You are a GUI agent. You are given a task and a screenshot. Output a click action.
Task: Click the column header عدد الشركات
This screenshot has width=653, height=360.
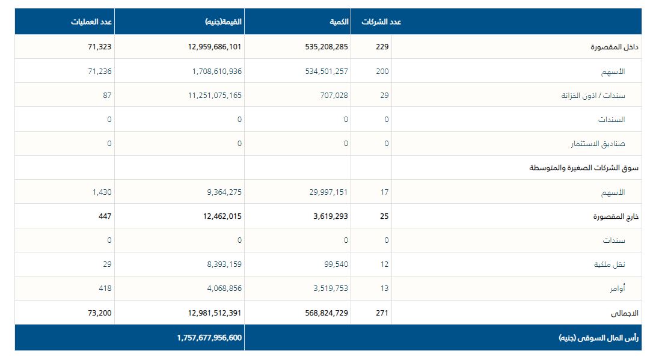click(x=381, y=22)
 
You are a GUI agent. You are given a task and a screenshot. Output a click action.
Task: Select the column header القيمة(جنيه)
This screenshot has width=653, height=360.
click(x=223, y=22)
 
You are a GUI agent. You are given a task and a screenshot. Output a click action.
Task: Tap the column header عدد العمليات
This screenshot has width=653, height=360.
click(x=91, y=22)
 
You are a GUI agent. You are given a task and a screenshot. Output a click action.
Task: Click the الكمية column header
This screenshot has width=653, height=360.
click(x=339, y=22)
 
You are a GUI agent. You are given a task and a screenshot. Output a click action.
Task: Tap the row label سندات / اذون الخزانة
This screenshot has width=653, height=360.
click(x=593, y=96)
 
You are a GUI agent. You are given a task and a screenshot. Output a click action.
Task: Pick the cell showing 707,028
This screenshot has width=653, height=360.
click(x=333, y=96)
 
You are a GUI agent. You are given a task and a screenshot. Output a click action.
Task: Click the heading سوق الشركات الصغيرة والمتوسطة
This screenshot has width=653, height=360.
click(x=584, y=168)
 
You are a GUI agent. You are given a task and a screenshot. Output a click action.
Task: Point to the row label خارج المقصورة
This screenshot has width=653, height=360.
click(x=616, y=216)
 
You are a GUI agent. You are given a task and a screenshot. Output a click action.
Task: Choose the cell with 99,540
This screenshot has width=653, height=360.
click(x=334, y=264)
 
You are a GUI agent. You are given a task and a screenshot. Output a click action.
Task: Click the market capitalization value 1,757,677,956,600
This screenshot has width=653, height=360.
click(x=209, y=338)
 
